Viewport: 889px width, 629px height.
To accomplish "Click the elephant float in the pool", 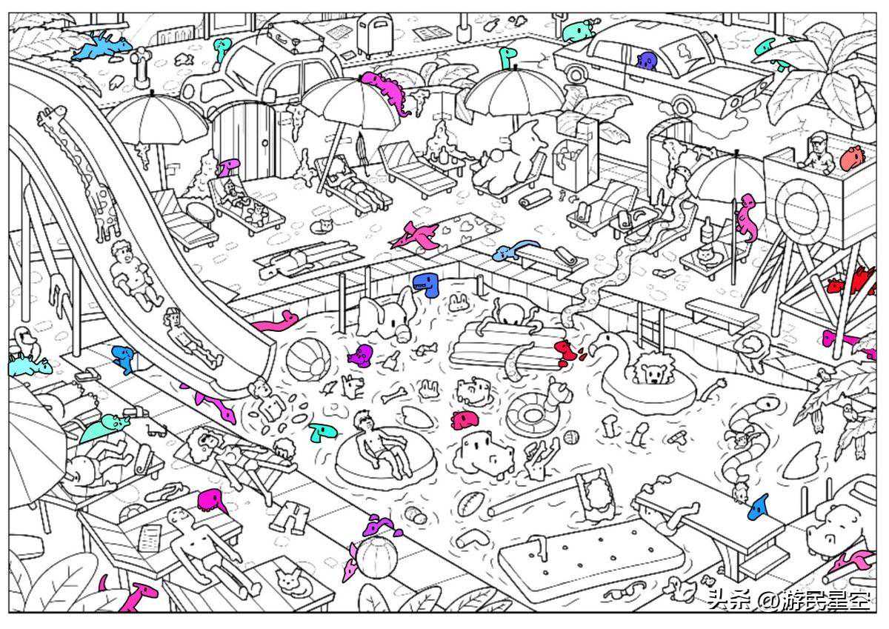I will click(385, 315).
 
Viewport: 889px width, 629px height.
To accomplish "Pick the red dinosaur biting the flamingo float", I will click(566, 351).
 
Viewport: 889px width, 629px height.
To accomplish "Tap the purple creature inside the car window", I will click(647, 61).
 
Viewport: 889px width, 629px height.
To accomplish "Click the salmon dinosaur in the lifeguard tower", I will click(852, 158).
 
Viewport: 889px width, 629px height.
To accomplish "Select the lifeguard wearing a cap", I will click(817, 153).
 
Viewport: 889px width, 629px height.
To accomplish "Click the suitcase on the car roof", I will click(295, 36).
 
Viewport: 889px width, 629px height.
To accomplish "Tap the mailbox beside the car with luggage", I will click(375, 33).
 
